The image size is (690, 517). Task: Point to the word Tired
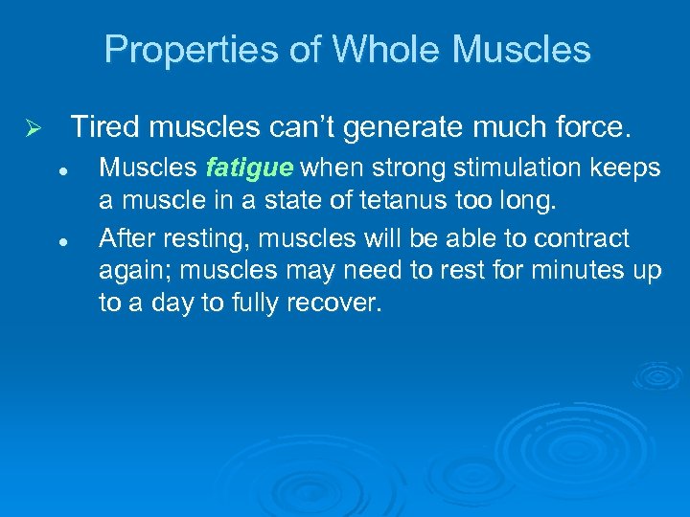(x=105, y=126)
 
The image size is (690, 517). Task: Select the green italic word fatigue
(x=248, y=169)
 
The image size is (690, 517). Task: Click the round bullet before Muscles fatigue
(x=60, y=169)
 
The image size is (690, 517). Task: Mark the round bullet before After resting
(x=60, y=238)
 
